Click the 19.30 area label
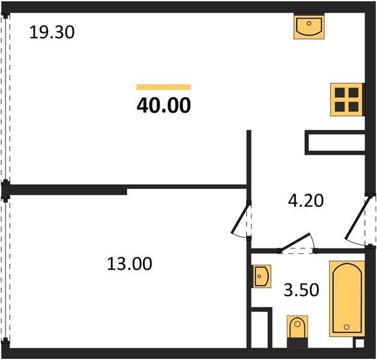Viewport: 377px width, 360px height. click(52, 32)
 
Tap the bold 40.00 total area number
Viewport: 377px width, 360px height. click(164, 106)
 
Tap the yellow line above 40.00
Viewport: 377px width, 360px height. click(163, 87)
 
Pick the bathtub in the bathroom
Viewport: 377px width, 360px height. click(347, 298)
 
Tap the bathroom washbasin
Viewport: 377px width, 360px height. click(261, 277)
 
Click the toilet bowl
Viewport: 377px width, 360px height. click(297, 328)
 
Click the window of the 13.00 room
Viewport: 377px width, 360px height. click(5, 273)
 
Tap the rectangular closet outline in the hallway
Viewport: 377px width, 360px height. click(334, 142)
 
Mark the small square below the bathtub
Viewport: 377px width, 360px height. click(360, 343)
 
